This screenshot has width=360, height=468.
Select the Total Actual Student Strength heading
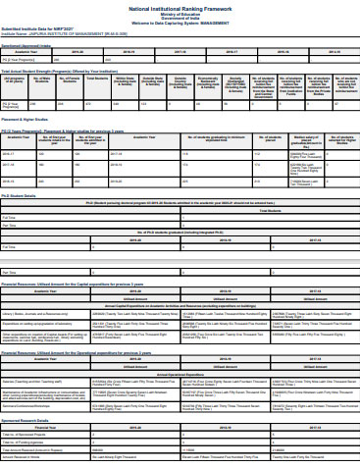[48, 71]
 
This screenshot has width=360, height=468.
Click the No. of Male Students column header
[42, 82]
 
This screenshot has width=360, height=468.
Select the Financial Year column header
[45, 428]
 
